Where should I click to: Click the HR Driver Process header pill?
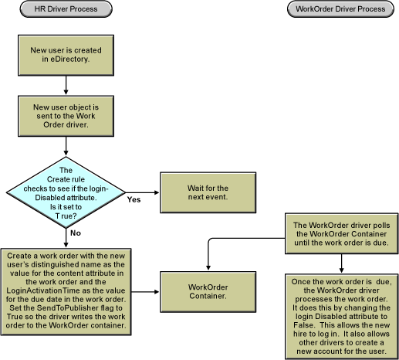[66, 9]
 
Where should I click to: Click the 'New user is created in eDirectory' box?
[66, 53]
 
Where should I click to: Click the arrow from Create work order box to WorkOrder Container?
[146, 292]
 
